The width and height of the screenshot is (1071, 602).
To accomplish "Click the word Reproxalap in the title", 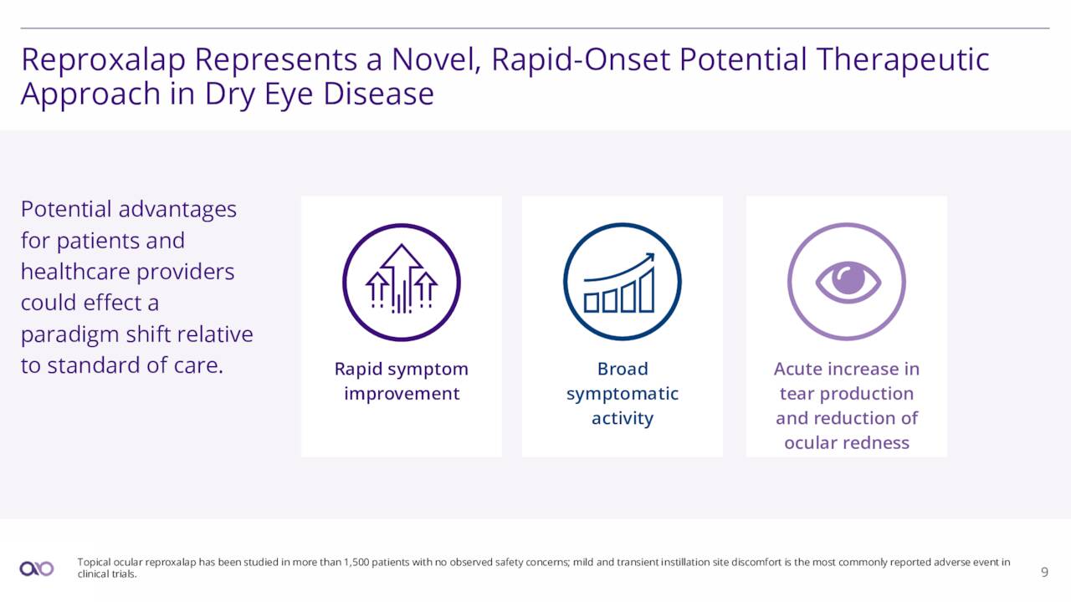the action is [103, 60].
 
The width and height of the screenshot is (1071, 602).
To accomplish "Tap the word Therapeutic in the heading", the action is [903, 60].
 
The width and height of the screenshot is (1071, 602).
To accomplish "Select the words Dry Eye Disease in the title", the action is [320, 94].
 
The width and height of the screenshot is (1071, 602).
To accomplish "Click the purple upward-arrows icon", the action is [402, 282].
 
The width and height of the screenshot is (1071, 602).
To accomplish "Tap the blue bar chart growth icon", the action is [623, 282].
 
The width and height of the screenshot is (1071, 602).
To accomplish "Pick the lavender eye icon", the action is [847, 282].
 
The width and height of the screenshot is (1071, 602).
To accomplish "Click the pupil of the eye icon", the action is [848, 279].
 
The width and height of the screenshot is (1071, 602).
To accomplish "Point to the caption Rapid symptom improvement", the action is [402, 381].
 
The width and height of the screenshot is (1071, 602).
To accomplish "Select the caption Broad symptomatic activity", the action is [623, 393].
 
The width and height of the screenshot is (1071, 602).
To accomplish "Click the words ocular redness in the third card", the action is [847, 443].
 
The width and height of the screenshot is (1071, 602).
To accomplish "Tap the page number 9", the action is [1044, 572].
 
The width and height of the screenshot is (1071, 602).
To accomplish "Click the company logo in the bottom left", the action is [37, 569].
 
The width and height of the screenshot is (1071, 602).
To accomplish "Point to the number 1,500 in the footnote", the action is [356, 563].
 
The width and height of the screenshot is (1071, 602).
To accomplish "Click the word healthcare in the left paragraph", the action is [75, 272].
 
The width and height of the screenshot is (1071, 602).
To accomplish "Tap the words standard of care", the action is [136, 365].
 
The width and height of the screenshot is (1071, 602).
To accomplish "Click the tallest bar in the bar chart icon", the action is [647, 292].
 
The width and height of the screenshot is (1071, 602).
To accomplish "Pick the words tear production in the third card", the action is [847, 394].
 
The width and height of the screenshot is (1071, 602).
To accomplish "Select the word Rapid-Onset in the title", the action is [581, 60].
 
